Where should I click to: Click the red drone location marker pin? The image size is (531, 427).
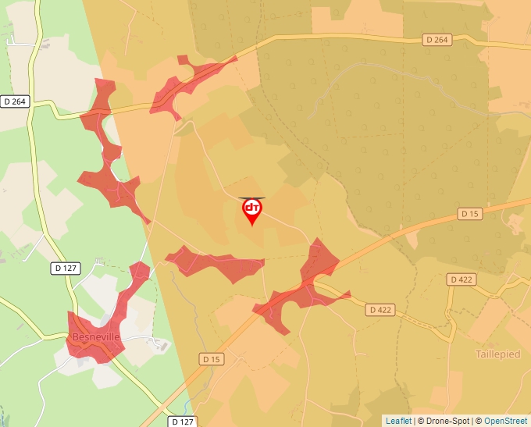252,210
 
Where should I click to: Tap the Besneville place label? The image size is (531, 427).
95,336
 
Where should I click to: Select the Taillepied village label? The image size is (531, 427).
497,354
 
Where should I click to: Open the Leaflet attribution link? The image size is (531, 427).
398,421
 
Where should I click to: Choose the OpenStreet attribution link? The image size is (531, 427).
505,421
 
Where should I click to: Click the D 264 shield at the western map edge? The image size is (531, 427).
14,101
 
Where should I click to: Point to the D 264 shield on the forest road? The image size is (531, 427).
439,39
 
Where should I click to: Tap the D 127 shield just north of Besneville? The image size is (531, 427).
66,268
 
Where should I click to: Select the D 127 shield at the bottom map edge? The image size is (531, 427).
182,422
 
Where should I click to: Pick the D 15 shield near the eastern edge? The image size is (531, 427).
469,213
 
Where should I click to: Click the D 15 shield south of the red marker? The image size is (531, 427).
211,359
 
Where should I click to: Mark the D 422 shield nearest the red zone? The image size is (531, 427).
380,310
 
